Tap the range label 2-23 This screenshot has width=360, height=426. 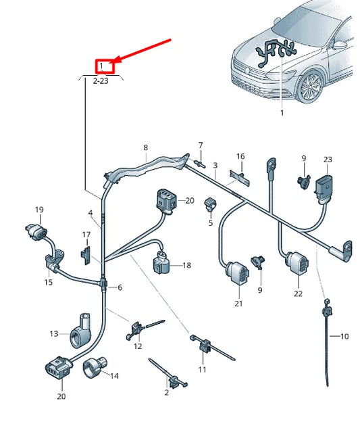point(101,80)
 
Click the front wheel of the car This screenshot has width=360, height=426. point(310,87)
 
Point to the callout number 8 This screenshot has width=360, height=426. point(145,147)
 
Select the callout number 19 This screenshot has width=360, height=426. point(39,210)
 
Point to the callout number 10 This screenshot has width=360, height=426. point(344,336)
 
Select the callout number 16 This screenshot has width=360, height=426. point(240,156)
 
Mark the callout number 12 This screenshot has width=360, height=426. point(138,347)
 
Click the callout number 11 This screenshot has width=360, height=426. point(202,370)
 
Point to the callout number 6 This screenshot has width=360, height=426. point(120,287)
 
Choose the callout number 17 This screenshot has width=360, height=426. point(86,235)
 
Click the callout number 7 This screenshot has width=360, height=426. point(200,145)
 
